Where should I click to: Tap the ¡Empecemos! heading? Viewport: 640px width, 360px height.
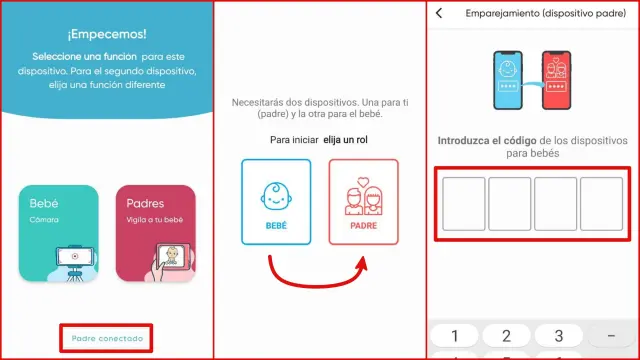107,34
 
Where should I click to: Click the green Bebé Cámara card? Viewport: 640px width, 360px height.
58,233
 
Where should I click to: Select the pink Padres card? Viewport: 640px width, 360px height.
156,233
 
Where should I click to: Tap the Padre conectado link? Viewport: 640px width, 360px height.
107,338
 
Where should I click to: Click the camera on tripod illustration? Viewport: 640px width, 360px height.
75,262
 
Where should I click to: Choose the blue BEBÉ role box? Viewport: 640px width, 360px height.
276,202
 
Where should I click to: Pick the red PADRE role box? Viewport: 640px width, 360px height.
363,202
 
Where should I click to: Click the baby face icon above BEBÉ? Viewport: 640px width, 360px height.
276,196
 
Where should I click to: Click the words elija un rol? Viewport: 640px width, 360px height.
345,140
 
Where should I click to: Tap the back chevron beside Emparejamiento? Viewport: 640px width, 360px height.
439,13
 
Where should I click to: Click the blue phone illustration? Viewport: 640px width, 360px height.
508,80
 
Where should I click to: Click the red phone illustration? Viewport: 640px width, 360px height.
556,80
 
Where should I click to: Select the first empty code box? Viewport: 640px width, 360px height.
464,204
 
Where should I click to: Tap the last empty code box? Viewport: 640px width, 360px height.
602,204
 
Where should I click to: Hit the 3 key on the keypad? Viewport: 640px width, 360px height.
559,336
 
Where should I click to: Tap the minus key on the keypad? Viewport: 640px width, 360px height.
611,336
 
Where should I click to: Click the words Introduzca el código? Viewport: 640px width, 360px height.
487,141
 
